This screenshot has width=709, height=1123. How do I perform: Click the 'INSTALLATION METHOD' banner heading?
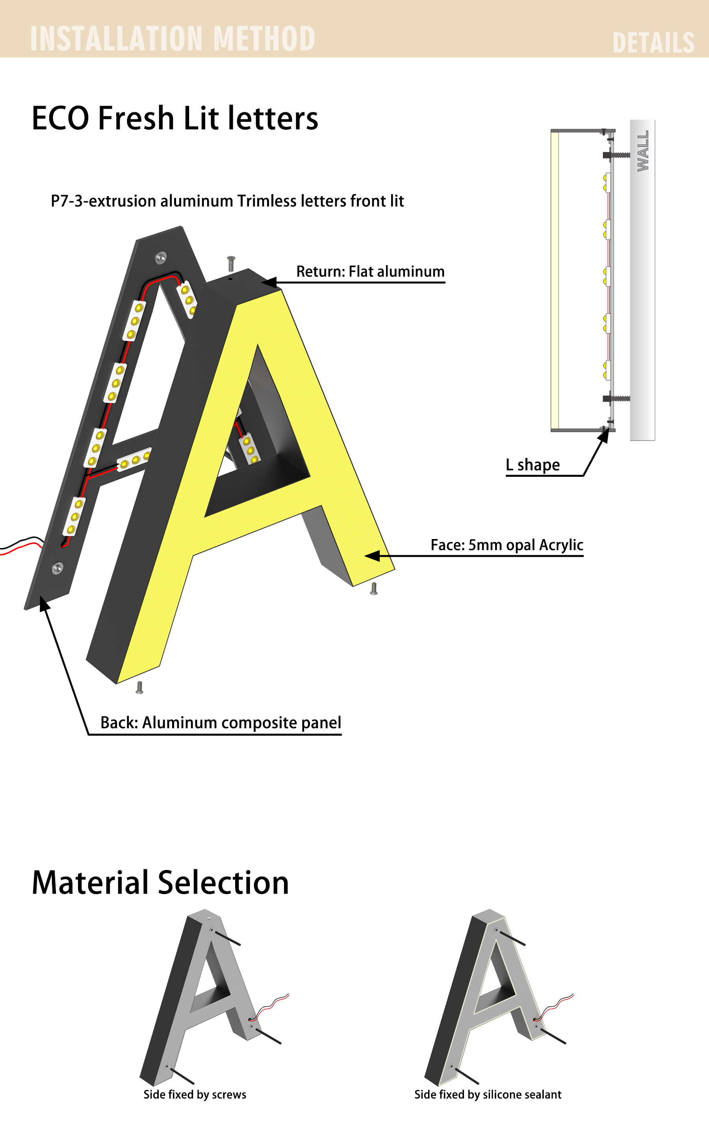(x=173, y=39)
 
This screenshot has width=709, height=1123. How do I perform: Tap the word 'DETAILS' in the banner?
(x=653, y=43)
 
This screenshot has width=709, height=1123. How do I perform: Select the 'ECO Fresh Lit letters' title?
(x=175, y=118)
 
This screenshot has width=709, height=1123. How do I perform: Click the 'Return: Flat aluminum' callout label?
(x=371, y=271)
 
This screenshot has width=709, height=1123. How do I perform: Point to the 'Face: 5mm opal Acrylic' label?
(x=507, y=545)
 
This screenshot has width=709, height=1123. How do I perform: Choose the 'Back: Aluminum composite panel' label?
(x=221, y=722)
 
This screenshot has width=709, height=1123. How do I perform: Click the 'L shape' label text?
(x=533, y=465)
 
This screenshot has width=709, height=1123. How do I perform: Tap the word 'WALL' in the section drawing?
(x=643, y=151)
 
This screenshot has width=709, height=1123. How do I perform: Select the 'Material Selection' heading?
(x=160, y=883)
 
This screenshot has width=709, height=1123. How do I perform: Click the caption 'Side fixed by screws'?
(x=195, y=1095)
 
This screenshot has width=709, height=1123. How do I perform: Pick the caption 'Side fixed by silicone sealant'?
(x=488, y=1095)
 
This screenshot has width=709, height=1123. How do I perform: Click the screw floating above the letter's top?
(x=231, y=264)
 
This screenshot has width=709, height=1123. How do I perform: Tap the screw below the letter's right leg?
(x=373, y=589)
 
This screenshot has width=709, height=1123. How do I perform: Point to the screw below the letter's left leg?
(x=139, y=688)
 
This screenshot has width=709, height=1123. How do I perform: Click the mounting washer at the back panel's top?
(x=161, y=257)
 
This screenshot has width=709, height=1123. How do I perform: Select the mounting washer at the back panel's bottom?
(x=58, y=568)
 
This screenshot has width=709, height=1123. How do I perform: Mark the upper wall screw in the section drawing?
(x=616, y=155)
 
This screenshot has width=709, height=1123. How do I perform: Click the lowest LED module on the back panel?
(x=74, y=516)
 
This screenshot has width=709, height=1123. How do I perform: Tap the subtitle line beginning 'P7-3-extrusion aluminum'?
(x=227, y=201)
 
